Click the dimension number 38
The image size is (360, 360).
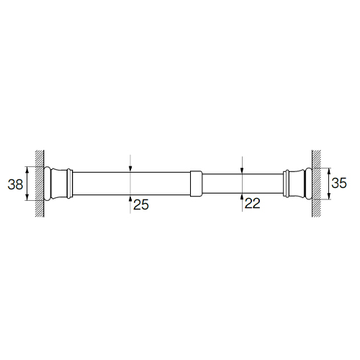(15, 184)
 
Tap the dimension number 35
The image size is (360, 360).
(339, 183)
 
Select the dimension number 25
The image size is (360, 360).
(141, 204)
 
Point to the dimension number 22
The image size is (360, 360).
(253, 203)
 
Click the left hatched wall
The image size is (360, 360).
(40, 184)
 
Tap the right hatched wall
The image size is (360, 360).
(316, 184)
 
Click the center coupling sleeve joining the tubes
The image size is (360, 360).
(196, 184)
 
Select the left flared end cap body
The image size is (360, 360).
(59, 184)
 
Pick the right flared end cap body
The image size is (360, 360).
(297, 184)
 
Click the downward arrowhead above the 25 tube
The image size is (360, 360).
(130, 169)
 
